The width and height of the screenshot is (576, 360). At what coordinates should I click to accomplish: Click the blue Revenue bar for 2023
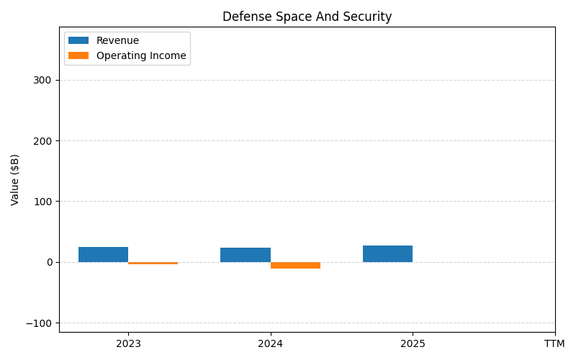pos(103,254)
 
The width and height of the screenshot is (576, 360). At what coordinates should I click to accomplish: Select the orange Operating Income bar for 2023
pos(153,264)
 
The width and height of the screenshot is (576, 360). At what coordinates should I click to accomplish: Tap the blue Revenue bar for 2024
pos(246,255)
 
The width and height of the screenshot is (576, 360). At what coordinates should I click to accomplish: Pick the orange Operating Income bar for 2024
pos(295,265)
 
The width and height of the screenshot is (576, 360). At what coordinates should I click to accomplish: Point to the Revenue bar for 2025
pos(387,253)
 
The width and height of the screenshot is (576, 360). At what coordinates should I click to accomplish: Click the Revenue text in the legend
pos(117,41)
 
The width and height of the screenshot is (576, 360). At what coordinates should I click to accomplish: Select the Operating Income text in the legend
pos(141,55)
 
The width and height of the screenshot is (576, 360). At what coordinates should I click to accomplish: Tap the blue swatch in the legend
pos(78,41)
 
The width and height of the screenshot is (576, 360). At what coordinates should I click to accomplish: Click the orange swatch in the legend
pos(78,55)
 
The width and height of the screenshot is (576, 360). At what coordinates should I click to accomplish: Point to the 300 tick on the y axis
pos(43,80)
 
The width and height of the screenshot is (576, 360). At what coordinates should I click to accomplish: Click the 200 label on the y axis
pos(43,140)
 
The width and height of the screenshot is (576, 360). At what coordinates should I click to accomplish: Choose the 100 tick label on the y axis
pos(43,202)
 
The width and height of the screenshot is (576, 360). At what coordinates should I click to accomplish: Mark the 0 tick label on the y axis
pos(50,262)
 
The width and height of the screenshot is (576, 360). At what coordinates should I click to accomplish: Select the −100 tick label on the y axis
pos(40,323)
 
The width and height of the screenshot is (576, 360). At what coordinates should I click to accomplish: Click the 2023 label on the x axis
pos(128,343)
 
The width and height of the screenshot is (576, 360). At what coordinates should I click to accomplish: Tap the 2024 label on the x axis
pos(271,343)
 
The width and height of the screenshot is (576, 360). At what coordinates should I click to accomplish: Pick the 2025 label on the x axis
pos(413,343)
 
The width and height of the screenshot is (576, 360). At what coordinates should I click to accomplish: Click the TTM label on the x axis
pos(554,343)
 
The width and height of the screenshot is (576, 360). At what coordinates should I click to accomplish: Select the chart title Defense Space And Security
pos(307,17)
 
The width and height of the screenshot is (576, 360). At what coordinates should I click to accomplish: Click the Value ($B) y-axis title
pos(15,179)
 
